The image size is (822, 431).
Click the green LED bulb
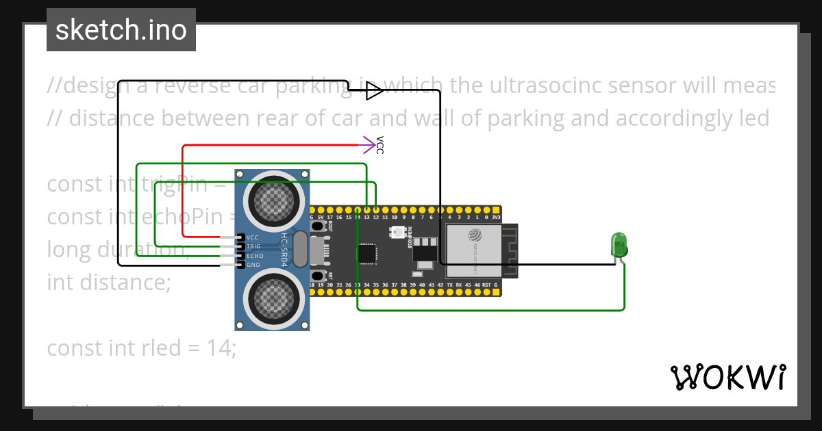619,244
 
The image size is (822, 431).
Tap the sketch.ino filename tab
121,30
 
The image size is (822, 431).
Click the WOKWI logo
727,377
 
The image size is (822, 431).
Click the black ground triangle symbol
373,90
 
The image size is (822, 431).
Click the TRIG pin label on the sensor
253,246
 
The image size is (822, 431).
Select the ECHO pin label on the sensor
254,255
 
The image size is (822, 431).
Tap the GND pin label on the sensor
253,264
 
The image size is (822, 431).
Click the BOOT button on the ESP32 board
318,225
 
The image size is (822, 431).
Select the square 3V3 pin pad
496,209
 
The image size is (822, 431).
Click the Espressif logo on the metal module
475,235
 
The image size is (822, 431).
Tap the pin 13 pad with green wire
367,209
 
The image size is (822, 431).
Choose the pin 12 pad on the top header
376,209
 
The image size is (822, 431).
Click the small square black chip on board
367,253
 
